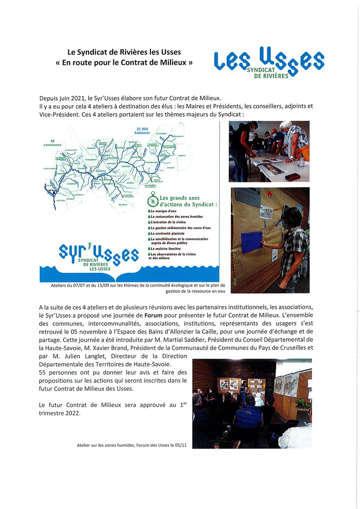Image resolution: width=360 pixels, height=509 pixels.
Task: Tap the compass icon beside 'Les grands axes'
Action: coord(153,201)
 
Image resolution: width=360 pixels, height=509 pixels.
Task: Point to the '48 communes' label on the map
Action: coord(53,143)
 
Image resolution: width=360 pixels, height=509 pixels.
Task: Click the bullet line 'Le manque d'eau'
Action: coord(163,211)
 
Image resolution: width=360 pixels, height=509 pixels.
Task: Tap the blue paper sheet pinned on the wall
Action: coord(252,241)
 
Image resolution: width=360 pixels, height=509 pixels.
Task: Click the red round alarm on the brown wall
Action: coord(269,194)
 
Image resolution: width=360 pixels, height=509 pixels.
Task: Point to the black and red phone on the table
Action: coord(292,176)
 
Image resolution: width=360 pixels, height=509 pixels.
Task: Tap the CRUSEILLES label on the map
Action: coord(151,162)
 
